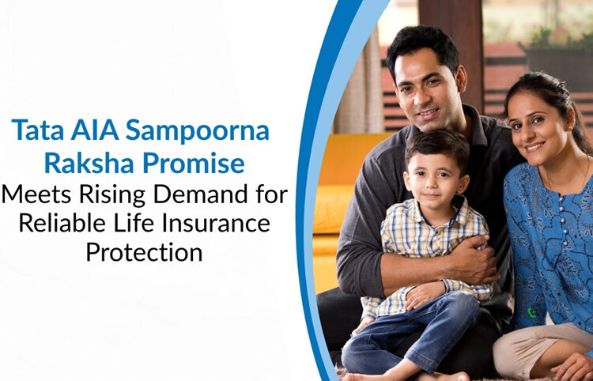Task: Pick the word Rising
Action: pyautogui.click(x=115, y=195)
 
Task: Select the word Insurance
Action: pyautogui.click(x=213, y=224)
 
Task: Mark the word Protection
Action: pyautogui.click(x=144, y=255)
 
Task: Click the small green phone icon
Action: pyautogui.click(x=532, y=313)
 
